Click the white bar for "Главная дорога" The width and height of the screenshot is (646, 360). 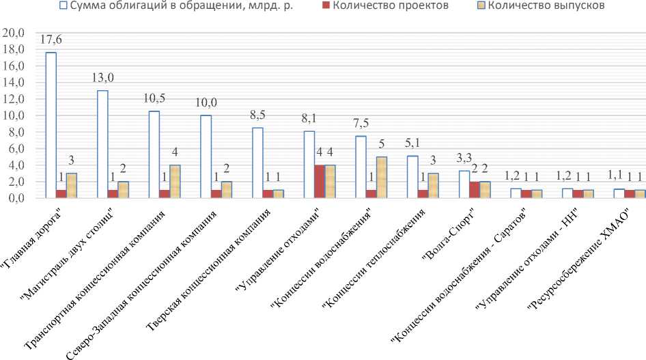click(51, 125)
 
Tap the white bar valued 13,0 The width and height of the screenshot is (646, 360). click(102, 144)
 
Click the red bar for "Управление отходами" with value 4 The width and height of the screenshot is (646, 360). click(320, 182)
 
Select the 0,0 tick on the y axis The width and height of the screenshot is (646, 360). click(16, 198)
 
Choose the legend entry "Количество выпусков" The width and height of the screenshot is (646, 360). click(533, 6)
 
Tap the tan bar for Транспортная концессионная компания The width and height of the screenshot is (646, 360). click(175, 182)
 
